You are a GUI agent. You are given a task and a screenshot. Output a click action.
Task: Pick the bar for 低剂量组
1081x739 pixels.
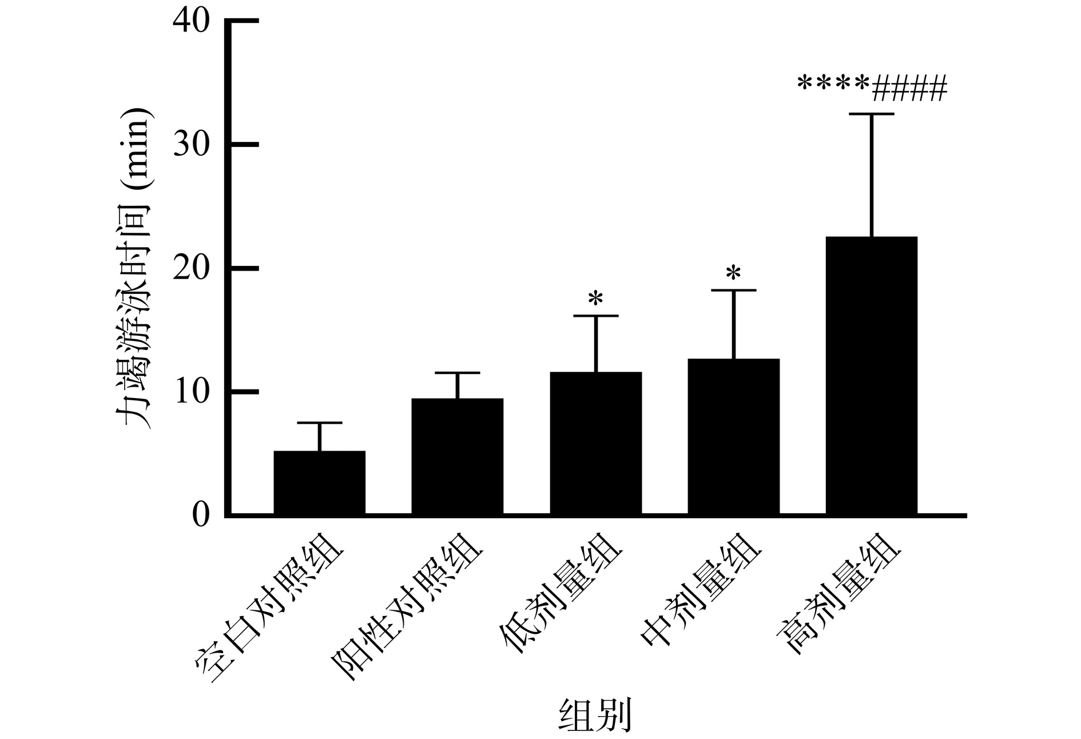tap(595, 443)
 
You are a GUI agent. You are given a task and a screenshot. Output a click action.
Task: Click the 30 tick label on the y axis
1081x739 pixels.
tap(192, 145)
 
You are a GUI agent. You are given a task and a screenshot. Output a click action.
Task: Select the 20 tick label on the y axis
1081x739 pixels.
tap(192, 268)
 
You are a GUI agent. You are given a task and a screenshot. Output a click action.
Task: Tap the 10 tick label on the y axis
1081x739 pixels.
tap(192, 392)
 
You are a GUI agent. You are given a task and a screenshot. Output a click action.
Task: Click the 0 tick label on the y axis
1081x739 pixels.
tap(200, 515)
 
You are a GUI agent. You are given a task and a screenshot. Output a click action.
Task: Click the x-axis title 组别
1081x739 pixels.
tap(595, 714)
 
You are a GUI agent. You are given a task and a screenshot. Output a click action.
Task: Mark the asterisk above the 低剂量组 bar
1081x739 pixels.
tap(595, 298)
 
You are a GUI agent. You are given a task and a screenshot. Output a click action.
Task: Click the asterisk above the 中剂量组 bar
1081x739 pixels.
tap(733, 273)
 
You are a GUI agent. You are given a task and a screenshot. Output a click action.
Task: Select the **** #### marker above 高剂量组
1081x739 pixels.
tap(872, 87)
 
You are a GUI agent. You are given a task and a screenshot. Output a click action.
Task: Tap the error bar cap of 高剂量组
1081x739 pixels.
tap(872, 114)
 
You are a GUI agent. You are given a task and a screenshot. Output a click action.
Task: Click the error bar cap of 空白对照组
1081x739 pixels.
tap(319, 423)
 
